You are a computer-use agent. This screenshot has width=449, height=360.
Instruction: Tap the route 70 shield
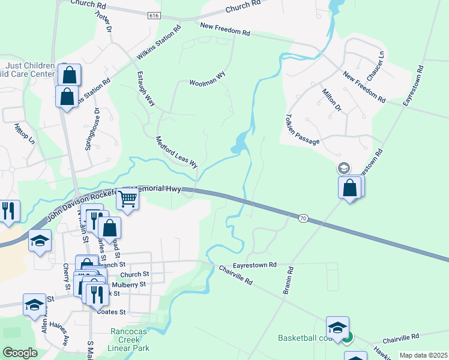[x=303, y=219]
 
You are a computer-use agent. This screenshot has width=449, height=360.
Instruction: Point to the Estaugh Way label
[x=146, y=90]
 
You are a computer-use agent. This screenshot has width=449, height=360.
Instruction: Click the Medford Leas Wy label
[x=176, y=152]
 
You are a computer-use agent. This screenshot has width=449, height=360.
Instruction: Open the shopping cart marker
[x=127, y=199]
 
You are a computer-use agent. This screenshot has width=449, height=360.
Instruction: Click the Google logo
[x=21, y=353]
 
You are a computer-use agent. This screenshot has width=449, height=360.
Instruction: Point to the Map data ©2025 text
[x=423, y=355]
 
